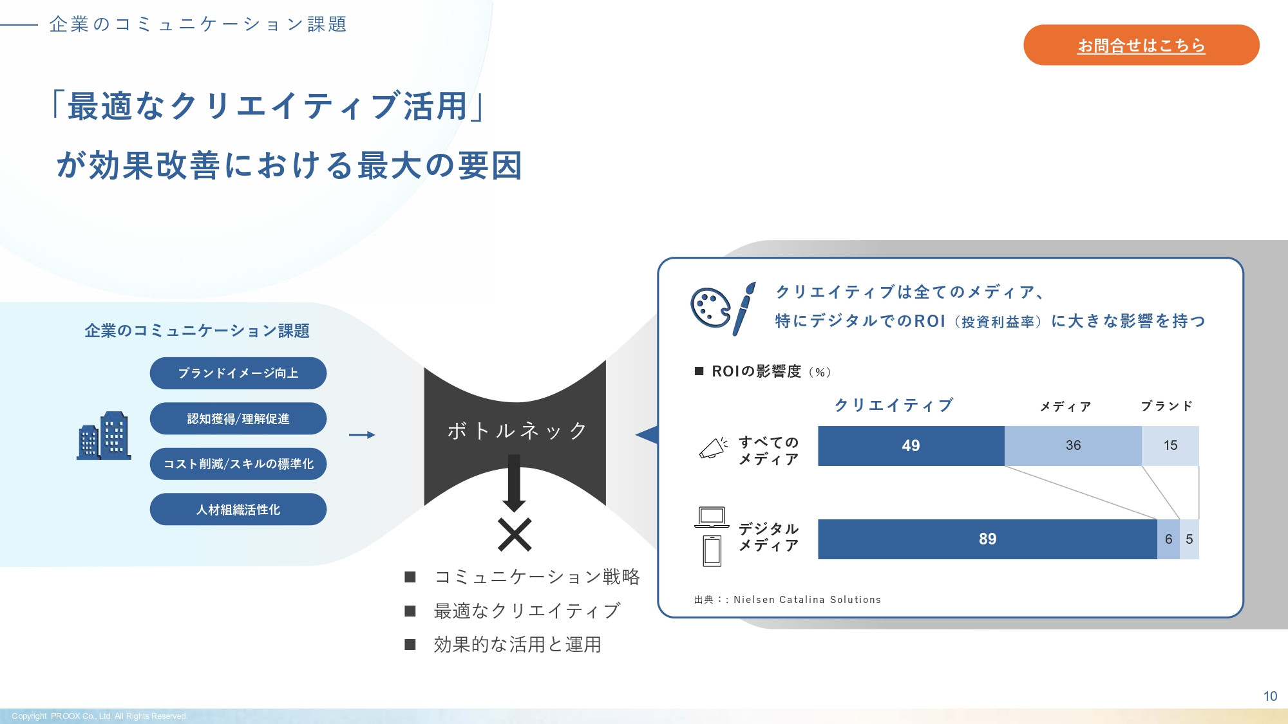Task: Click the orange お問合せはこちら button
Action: tap(1141, 45)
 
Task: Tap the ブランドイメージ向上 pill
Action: tap(238, 373)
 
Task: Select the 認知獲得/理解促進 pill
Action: tap(238, 419)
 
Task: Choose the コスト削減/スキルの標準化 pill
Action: tap(238, 464)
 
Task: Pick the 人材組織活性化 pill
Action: tap(238, 510)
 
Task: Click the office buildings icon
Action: tap(104, 436)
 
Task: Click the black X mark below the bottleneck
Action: tap(515, 535)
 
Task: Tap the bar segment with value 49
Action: tap(911, 445)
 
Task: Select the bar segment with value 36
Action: tap(1073, 445)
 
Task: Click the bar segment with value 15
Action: tap(1170, 445)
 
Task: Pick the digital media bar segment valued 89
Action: tap(987, 539)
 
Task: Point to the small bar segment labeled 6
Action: tap(1168, 539)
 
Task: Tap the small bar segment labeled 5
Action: tap(1189, 539)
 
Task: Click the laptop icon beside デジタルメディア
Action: tap(712, 517)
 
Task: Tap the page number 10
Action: tap(1270, 696)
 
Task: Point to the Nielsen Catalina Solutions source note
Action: tap(788, 600)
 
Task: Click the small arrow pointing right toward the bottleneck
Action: tap(362, 435)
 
